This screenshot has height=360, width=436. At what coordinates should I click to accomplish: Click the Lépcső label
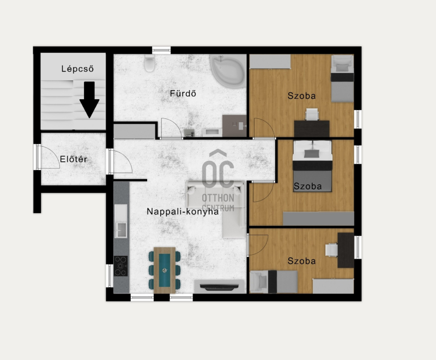77,68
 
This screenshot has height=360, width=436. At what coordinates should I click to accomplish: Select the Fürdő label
183,93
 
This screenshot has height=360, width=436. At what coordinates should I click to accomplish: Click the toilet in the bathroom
149,63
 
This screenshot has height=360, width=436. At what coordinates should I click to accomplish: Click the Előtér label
74,159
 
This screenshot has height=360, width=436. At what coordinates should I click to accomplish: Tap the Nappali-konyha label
183,212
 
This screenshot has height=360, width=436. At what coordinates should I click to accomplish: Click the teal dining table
165,270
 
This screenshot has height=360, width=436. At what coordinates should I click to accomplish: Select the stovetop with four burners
120,266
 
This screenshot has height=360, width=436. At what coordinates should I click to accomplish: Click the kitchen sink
121,230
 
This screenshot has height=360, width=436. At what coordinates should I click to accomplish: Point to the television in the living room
219,287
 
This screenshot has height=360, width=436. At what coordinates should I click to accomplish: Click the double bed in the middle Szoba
312,166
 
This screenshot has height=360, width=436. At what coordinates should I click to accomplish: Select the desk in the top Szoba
312,129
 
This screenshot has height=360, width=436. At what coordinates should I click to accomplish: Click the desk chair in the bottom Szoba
331,250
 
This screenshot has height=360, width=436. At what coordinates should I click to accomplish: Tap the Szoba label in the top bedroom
302,95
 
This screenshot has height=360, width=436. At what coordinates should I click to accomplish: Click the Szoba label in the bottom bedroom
302,261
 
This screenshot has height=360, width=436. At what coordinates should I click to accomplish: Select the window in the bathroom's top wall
161,50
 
